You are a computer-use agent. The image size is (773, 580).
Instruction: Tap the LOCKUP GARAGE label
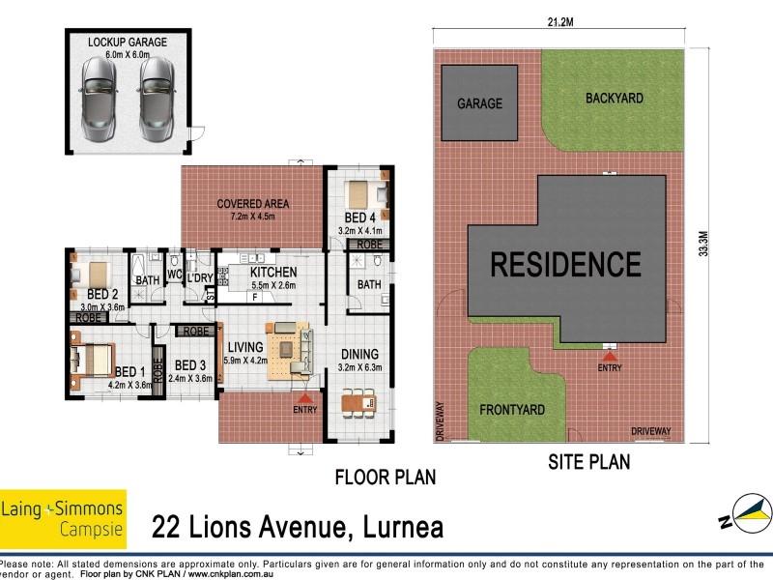pos(128,43)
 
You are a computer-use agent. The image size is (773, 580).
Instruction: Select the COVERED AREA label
pos(252,204)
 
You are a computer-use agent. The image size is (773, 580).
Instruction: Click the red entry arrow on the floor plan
pos(305,397)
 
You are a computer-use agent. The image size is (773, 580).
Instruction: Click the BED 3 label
pos(189,365)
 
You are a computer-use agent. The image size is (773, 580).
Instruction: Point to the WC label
pos(175,275)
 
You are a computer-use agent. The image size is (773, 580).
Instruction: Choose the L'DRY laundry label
pos(199,278)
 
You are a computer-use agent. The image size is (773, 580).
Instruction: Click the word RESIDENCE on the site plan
pos(565,264)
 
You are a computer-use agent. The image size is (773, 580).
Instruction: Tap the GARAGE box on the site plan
pos(479,102)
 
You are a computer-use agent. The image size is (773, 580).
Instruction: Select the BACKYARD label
pos(614,98)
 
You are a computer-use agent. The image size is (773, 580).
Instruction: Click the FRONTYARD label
pos(511,410)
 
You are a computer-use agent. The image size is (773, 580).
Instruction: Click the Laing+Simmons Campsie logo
pos(63,518)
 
